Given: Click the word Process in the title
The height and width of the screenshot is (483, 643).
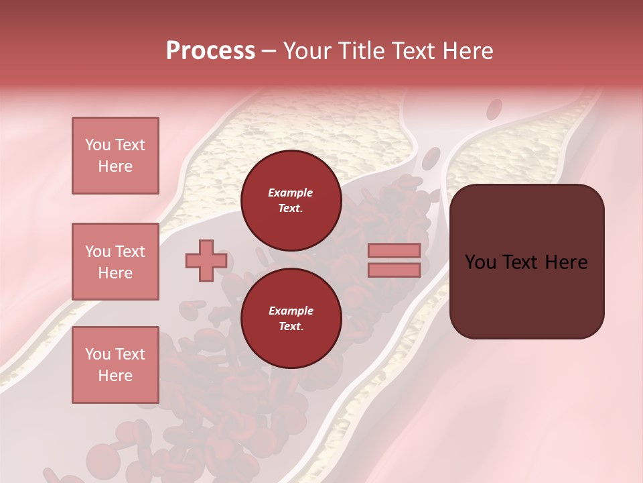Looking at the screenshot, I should (x=210, y=51).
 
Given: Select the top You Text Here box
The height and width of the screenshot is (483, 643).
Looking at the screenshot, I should (x=115, y=156).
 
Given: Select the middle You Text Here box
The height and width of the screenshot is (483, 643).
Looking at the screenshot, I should (x=115, y=262).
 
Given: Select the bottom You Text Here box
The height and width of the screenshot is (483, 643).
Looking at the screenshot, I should (x=115, y=365).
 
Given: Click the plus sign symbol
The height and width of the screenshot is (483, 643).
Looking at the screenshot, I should (x=206, y=260).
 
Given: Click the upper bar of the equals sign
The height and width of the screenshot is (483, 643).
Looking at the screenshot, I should (x=394, y=250).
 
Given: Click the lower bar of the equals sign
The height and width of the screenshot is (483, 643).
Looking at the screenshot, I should (x=394, y=270).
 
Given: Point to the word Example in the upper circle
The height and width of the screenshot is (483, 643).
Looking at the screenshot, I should (x=291, y=193).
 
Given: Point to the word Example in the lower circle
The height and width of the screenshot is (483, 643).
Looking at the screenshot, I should (x=291, y=311).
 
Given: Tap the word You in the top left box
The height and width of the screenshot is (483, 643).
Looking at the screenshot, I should (x=97, y=145).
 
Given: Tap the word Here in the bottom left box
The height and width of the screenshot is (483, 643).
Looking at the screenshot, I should (x=115, y=376).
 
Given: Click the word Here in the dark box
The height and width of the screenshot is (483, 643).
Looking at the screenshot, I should (x=566, y=262).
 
